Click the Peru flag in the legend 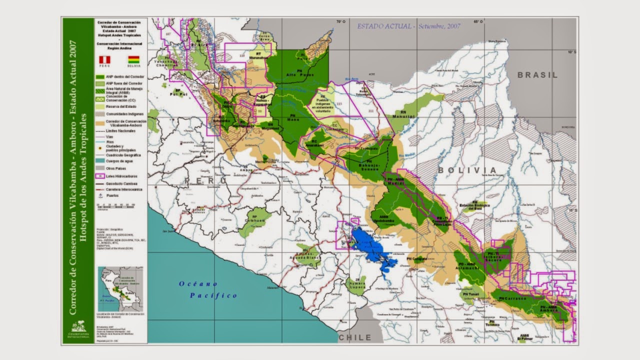coord(104,59)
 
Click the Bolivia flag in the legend coord(133,59)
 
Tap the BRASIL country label coord(537,75)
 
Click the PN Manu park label coord(295,118)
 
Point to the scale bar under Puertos coord(116,204)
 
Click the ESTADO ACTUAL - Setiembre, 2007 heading coord(408,26)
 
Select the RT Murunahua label coord(258,55)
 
